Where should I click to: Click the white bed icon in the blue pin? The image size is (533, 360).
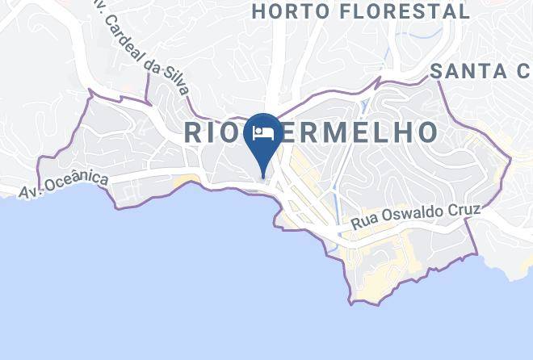click(264, 133)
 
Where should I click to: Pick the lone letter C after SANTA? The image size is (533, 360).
click(524, 71)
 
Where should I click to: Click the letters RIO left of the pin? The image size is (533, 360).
click(214, 132)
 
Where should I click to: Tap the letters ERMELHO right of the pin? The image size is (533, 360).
click(360, 132)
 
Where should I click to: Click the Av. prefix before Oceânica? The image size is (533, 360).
click(30, 192)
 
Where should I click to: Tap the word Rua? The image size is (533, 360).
click(365, 224)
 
